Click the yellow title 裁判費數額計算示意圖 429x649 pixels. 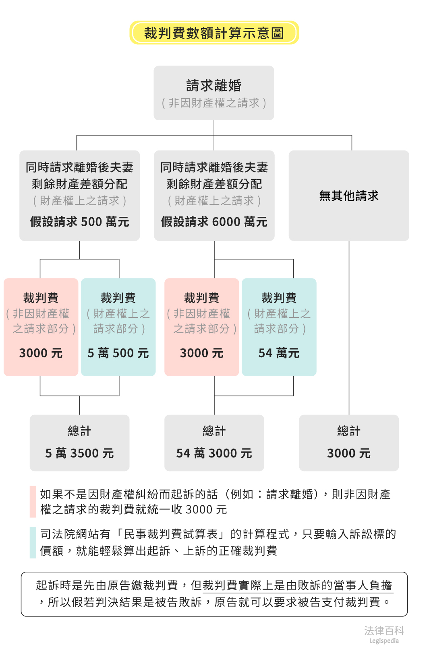point(214,33)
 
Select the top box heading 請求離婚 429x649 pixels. point(214,86)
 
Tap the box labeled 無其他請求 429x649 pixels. point(349,196)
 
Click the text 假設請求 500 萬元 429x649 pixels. point(79,222)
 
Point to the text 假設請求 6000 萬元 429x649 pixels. point(214,222)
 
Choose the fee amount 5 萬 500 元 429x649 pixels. point(118,353)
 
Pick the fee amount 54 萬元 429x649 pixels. point(279,353)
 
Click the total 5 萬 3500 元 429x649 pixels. point(79,453)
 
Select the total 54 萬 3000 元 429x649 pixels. point(214,453)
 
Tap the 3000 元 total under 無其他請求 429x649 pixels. point(349,453)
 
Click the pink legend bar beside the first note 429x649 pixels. point(33,502)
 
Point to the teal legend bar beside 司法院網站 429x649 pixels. point(33,542)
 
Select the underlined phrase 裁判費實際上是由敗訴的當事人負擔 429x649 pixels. point(298,585)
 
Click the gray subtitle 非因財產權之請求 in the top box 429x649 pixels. point(214,103)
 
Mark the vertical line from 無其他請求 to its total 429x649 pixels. point(349,328)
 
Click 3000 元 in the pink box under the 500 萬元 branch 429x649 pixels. point(41,353)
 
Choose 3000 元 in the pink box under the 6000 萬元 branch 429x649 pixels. point(201,353)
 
